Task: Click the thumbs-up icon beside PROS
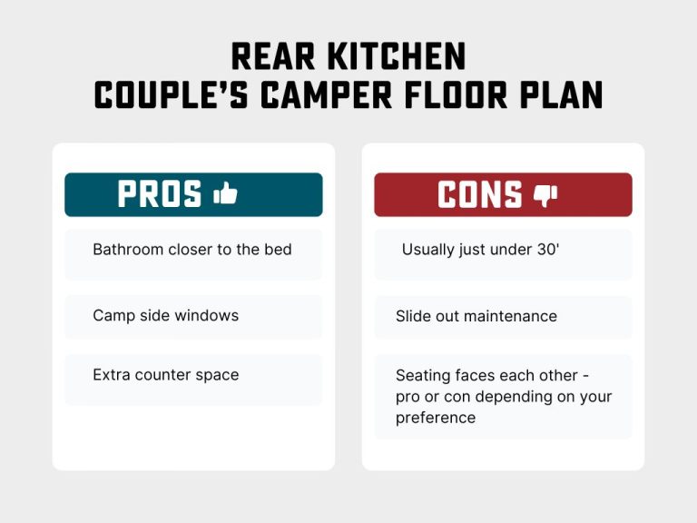pos(225,193)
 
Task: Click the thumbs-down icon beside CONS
pos(545,194)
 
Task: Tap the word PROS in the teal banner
pos(160,194)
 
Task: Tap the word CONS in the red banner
pos(480,194)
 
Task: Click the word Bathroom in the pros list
pos(128,249)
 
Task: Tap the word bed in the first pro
pos(277,249)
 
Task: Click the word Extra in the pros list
pos(111,374)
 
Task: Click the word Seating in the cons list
pos(424,375)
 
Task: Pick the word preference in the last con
pos(436,418)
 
